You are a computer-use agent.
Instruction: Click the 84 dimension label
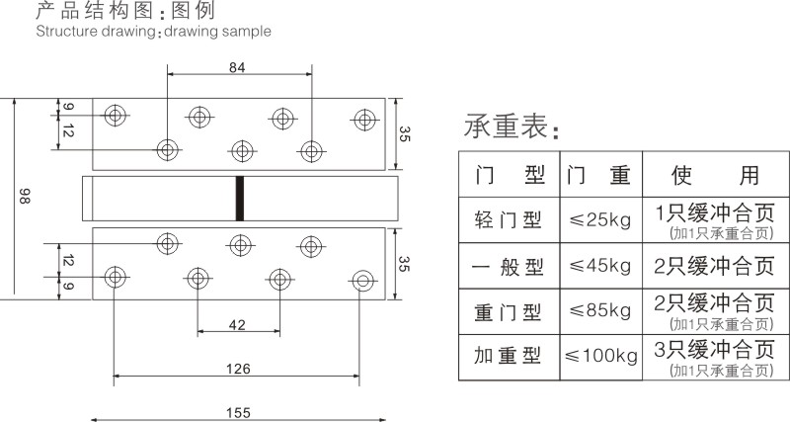pos(237,67)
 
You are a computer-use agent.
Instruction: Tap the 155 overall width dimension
pos(238,413)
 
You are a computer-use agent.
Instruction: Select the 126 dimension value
pos(238,369)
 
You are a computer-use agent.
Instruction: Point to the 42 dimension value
pos(237,325)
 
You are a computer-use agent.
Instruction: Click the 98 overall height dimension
pos(25,196)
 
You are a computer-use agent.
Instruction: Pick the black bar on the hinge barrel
pos(240,198)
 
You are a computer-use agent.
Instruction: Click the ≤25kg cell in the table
pos(600,219)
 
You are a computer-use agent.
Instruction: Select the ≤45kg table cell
pos(600,266)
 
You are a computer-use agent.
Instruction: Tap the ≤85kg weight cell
pos(600,310)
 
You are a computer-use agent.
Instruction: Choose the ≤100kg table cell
pos(601,356)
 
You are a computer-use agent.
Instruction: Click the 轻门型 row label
pos(509,219)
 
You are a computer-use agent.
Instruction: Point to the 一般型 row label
pos(509,266)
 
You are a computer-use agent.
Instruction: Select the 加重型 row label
pos(508,356)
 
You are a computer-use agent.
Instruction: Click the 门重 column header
pos(598,175)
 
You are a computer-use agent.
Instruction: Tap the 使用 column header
pos(715,175)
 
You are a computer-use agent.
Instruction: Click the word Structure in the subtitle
pos(66,32)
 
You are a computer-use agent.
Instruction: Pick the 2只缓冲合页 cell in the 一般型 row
pos(714,266)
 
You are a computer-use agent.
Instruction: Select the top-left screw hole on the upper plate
pos(116,116)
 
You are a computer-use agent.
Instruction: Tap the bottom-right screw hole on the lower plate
pos(362,281)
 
